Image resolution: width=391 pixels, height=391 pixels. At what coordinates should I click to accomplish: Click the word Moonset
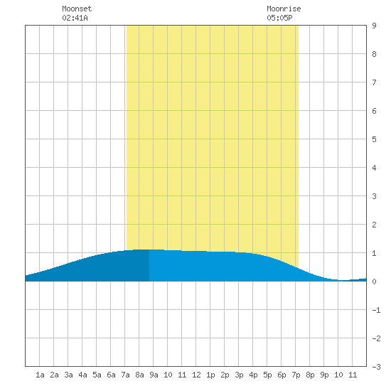click(77, 9)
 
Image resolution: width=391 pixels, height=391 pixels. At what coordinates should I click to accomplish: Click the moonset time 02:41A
click(75, 18)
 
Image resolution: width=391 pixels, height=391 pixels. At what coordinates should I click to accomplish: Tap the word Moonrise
click(284, 9)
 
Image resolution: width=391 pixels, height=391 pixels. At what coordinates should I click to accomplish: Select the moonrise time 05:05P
click(279, 18)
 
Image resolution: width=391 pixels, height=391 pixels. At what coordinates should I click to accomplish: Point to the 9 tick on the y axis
click(374, 26)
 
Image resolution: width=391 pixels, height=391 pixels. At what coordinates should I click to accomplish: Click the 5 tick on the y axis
click(374, 139)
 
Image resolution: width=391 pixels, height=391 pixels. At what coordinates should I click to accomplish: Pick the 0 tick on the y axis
click(374, 282)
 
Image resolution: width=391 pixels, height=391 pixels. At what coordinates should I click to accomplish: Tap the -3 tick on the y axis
click(376, 367)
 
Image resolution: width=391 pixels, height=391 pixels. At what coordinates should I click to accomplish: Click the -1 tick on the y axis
click(376, 310)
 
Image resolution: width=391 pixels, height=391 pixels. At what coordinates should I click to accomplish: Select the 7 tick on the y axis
click(374, 82)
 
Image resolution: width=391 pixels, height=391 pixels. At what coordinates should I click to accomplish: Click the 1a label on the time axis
click(40, 375)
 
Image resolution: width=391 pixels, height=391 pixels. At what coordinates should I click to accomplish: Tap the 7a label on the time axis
click(125, 375)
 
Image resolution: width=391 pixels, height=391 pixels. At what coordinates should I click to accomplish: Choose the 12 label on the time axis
click(196, 375)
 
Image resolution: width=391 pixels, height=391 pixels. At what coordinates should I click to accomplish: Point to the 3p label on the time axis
click(239, 375)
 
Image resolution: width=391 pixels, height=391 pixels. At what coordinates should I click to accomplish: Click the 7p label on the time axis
click(296, 375)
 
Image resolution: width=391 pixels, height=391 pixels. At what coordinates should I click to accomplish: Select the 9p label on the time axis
click(324, 375)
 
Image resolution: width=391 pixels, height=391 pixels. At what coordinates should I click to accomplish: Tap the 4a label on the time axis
click(82, 375)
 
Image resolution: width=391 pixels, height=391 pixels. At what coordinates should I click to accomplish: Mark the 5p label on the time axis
click(267, 375)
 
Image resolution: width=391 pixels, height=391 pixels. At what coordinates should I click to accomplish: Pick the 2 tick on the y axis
click(374, 225)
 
